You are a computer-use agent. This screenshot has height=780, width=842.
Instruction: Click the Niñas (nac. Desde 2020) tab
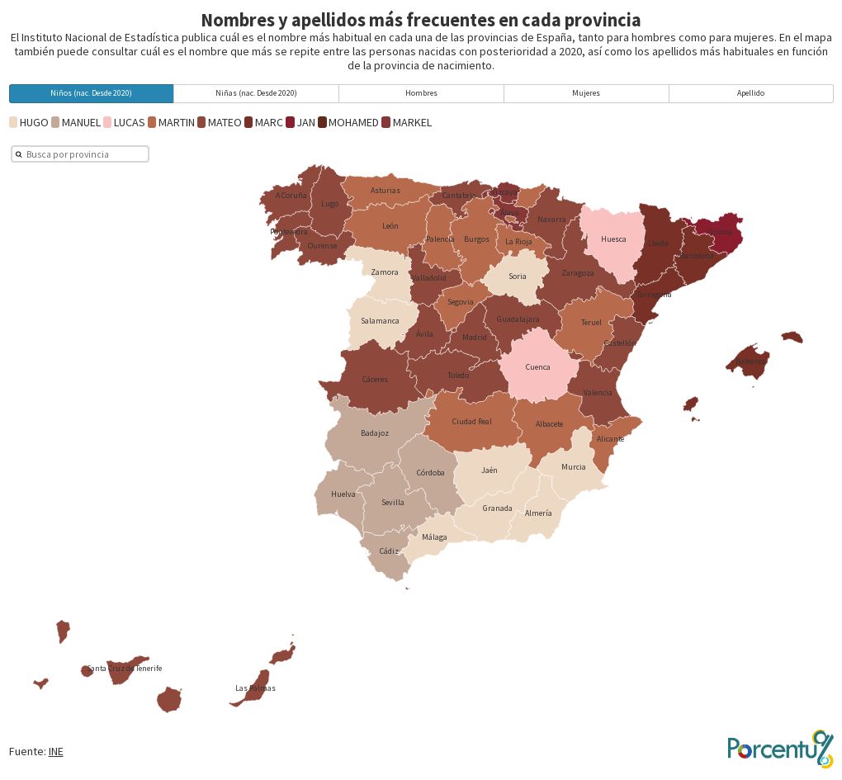pyautogui.click(x=256, y=93)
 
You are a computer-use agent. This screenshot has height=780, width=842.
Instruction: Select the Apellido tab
pyautogui.click(x=750, y=93)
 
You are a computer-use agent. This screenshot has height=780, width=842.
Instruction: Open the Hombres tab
pyautogui.click(x=421, y=93)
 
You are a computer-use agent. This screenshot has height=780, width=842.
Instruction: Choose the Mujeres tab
pyautogui.click(x=586, y=93)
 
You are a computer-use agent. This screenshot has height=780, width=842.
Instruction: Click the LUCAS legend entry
pyautogui.click(x=129, y=123)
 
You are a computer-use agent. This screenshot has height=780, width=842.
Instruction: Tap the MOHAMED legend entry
pyautogui.click(x=353, y=123)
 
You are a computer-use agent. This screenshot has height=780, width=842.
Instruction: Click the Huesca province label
pyautogui.click(x=613, y=239)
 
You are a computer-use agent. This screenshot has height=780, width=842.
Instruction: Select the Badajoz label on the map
pyautogui.click(x=375, y=433)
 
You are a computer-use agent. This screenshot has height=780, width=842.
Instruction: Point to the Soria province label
pyautogui.click(x=518, y=277)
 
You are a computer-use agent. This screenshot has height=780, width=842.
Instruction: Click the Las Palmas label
pyautogui.click(x=255, y=688)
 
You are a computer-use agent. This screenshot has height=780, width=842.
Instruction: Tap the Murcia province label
pyautogui.click(x=573, y=467)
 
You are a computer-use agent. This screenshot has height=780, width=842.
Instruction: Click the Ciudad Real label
pyautogui.click(x=471, y=422)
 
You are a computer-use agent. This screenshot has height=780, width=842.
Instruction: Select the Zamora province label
pyautogui.click(x=385, y=272)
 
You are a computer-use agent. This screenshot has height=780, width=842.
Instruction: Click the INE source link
pyautogui.click(x=55, y=751)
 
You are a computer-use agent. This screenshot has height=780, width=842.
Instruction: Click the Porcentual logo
pyautogui.click(x=780, y=748)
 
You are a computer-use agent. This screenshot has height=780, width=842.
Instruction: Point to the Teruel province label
pyautogui.click(x=591, y=323)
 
